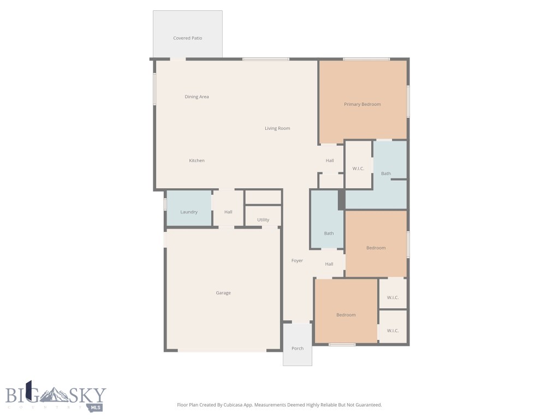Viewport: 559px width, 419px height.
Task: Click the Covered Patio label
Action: coord(187,38)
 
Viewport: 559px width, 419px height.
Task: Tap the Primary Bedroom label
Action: coord(362,104)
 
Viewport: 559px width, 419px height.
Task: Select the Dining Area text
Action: coord(197,97)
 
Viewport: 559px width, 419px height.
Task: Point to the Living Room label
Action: coord(277,129)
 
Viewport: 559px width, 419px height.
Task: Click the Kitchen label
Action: coord(197,160)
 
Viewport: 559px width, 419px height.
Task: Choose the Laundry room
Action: coord(189,212)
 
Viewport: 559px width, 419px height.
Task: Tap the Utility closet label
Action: coord(263,220)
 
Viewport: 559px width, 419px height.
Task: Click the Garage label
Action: coord(223,293)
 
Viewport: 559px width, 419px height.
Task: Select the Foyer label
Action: coord(297,261)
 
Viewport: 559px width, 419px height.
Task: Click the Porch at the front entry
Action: coord(297,348)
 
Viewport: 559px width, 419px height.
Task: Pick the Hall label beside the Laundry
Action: coord(228,212)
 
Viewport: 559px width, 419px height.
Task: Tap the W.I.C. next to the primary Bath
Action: coord(358,169)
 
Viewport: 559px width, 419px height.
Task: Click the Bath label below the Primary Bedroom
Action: coord(386,173)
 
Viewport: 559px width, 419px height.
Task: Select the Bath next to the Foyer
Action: coord(329,234)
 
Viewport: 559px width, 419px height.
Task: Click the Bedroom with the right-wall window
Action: coord(376,248)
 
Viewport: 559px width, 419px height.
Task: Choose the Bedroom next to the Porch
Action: coord(346,315)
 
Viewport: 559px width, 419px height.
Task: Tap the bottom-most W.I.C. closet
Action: coord(393,331)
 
